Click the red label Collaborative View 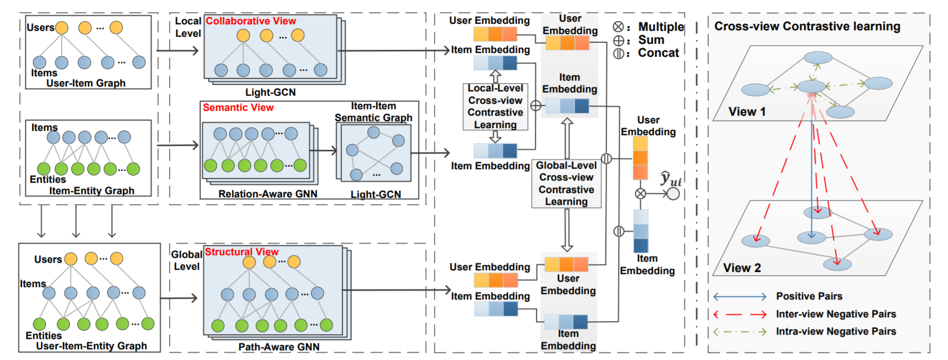(251, 21)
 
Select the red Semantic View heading (238, 108)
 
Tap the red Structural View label (241, 252)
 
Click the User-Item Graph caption (86, 83)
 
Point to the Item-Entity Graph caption (91, 191)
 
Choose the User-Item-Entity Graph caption (91, 346)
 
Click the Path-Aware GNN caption (279, 347)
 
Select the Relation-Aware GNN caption (268, 194)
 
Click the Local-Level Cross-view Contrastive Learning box (495, 106)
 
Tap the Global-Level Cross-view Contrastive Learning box (566, 184)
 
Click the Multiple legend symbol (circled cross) (619, 27)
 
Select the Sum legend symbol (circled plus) (619, 41)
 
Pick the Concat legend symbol (619, 54)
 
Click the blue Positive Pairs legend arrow (740, 296)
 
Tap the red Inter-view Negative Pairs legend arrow (740, 314)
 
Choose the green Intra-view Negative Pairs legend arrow (740, 332)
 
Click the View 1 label (747, 112)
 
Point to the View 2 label (742, 268)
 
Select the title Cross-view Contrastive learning (807, 26)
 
